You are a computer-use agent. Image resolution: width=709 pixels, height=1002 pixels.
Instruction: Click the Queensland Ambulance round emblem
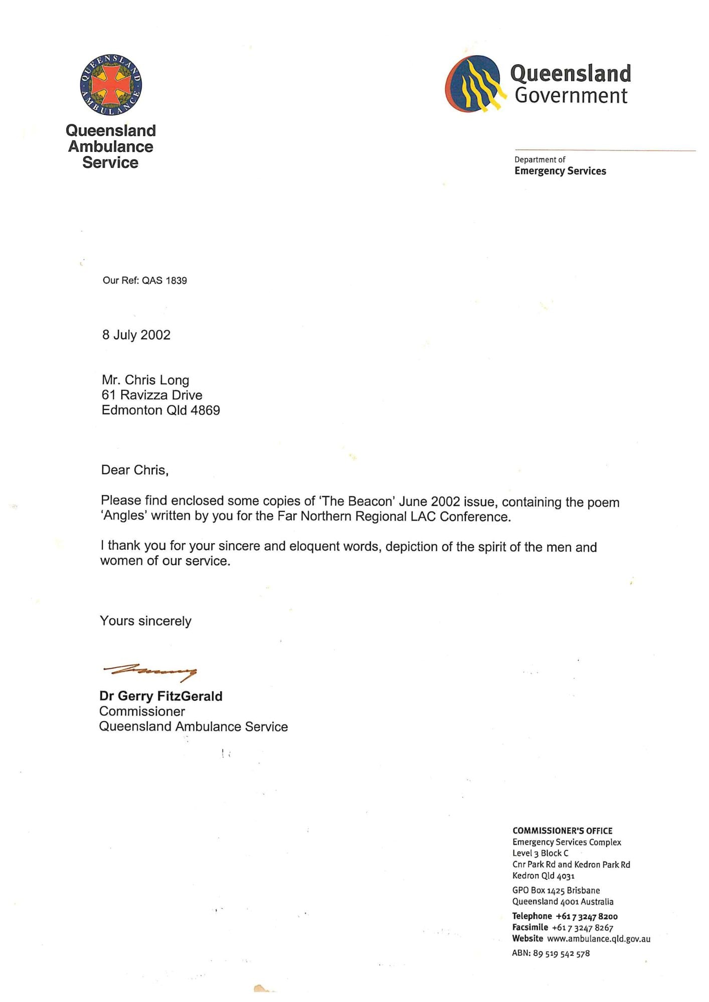tap(111, 85)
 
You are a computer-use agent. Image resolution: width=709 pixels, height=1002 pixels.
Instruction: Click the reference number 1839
tap(176, 281)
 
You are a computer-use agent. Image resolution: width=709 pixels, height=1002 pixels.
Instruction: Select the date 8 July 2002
tap(136, 335)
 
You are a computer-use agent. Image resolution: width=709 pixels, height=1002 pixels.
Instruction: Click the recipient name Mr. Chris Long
tap(145, 380)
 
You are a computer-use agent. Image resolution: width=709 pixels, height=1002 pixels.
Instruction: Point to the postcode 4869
tap(205, 410)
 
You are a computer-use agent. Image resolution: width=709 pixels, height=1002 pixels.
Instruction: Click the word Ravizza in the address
tap(144, 395)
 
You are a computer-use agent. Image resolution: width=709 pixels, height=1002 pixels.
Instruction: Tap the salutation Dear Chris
tap(134, 470)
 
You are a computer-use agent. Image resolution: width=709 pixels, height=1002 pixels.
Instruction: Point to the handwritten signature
tap(150, 671)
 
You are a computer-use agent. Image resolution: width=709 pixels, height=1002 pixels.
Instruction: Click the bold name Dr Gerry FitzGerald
tap(161, 696)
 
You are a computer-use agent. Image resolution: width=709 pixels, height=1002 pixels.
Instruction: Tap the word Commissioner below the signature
tap(142, 711)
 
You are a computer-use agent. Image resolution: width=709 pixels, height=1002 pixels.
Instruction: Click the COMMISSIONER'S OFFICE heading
tap(562, 831)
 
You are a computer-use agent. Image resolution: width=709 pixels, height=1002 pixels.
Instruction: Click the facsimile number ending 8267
tap(583, 928)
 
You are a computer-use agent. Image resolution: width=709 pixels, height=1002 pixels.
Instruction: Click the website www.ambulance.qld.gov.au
tap(599, 939)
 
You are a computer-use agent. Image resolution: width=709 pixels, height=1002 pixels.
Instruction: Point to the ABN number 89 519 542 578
tap(561, 953)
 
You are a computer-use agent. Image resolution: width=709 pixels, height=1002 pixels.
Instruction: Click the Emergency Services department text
tap(560, 171)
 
